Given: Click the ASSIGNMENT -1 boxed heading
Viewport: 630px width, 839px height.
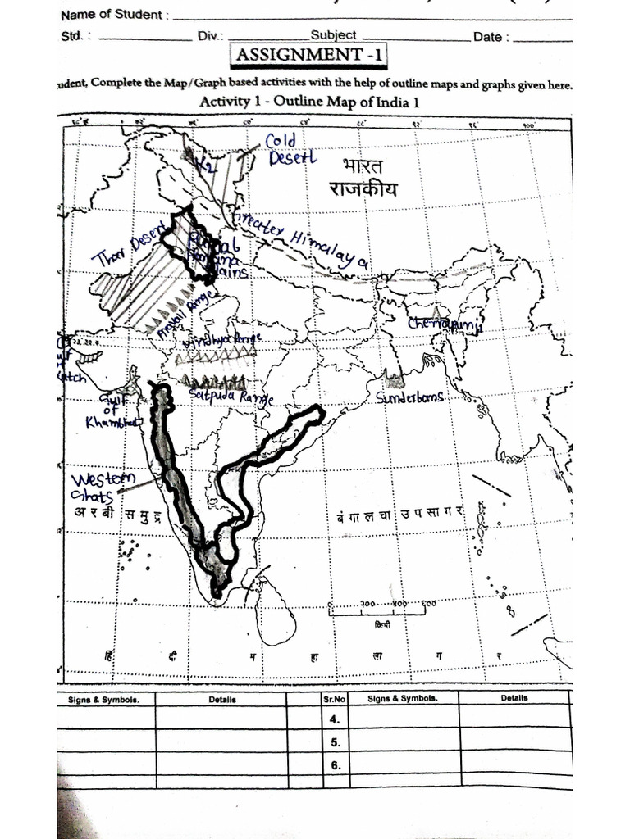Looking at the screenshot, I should click(x=312, y=57).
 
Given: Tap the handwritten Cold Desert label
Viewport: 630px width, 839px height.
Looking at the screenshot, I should click(x=288, y=150).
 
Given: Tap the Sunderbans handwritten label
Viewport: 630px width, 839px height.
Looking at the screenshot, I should click(x=410, y=397).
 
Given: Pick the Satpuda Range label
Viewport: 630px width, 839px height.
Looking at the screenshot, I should click(x=231, y=397).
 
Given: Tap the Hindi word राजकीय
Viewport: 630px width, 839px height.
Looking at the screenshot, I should click(x=363, y=189).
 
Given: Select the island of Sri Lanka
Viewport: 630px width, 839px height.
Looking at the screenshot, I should click(x=276, y=610).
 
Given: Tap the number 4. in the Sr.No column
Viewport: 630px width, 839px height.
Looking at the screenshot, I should click(x=334, y=719).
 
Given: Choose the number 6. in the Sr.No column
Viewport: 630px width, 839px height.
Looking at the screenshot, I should click(x=334, y=765).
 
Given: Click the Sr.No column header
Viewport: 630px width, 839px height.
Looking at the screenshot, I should click(x=334, y=699).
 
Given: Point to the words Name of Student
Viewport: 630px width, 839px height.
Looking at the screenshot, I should click(x=115, y=15).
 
